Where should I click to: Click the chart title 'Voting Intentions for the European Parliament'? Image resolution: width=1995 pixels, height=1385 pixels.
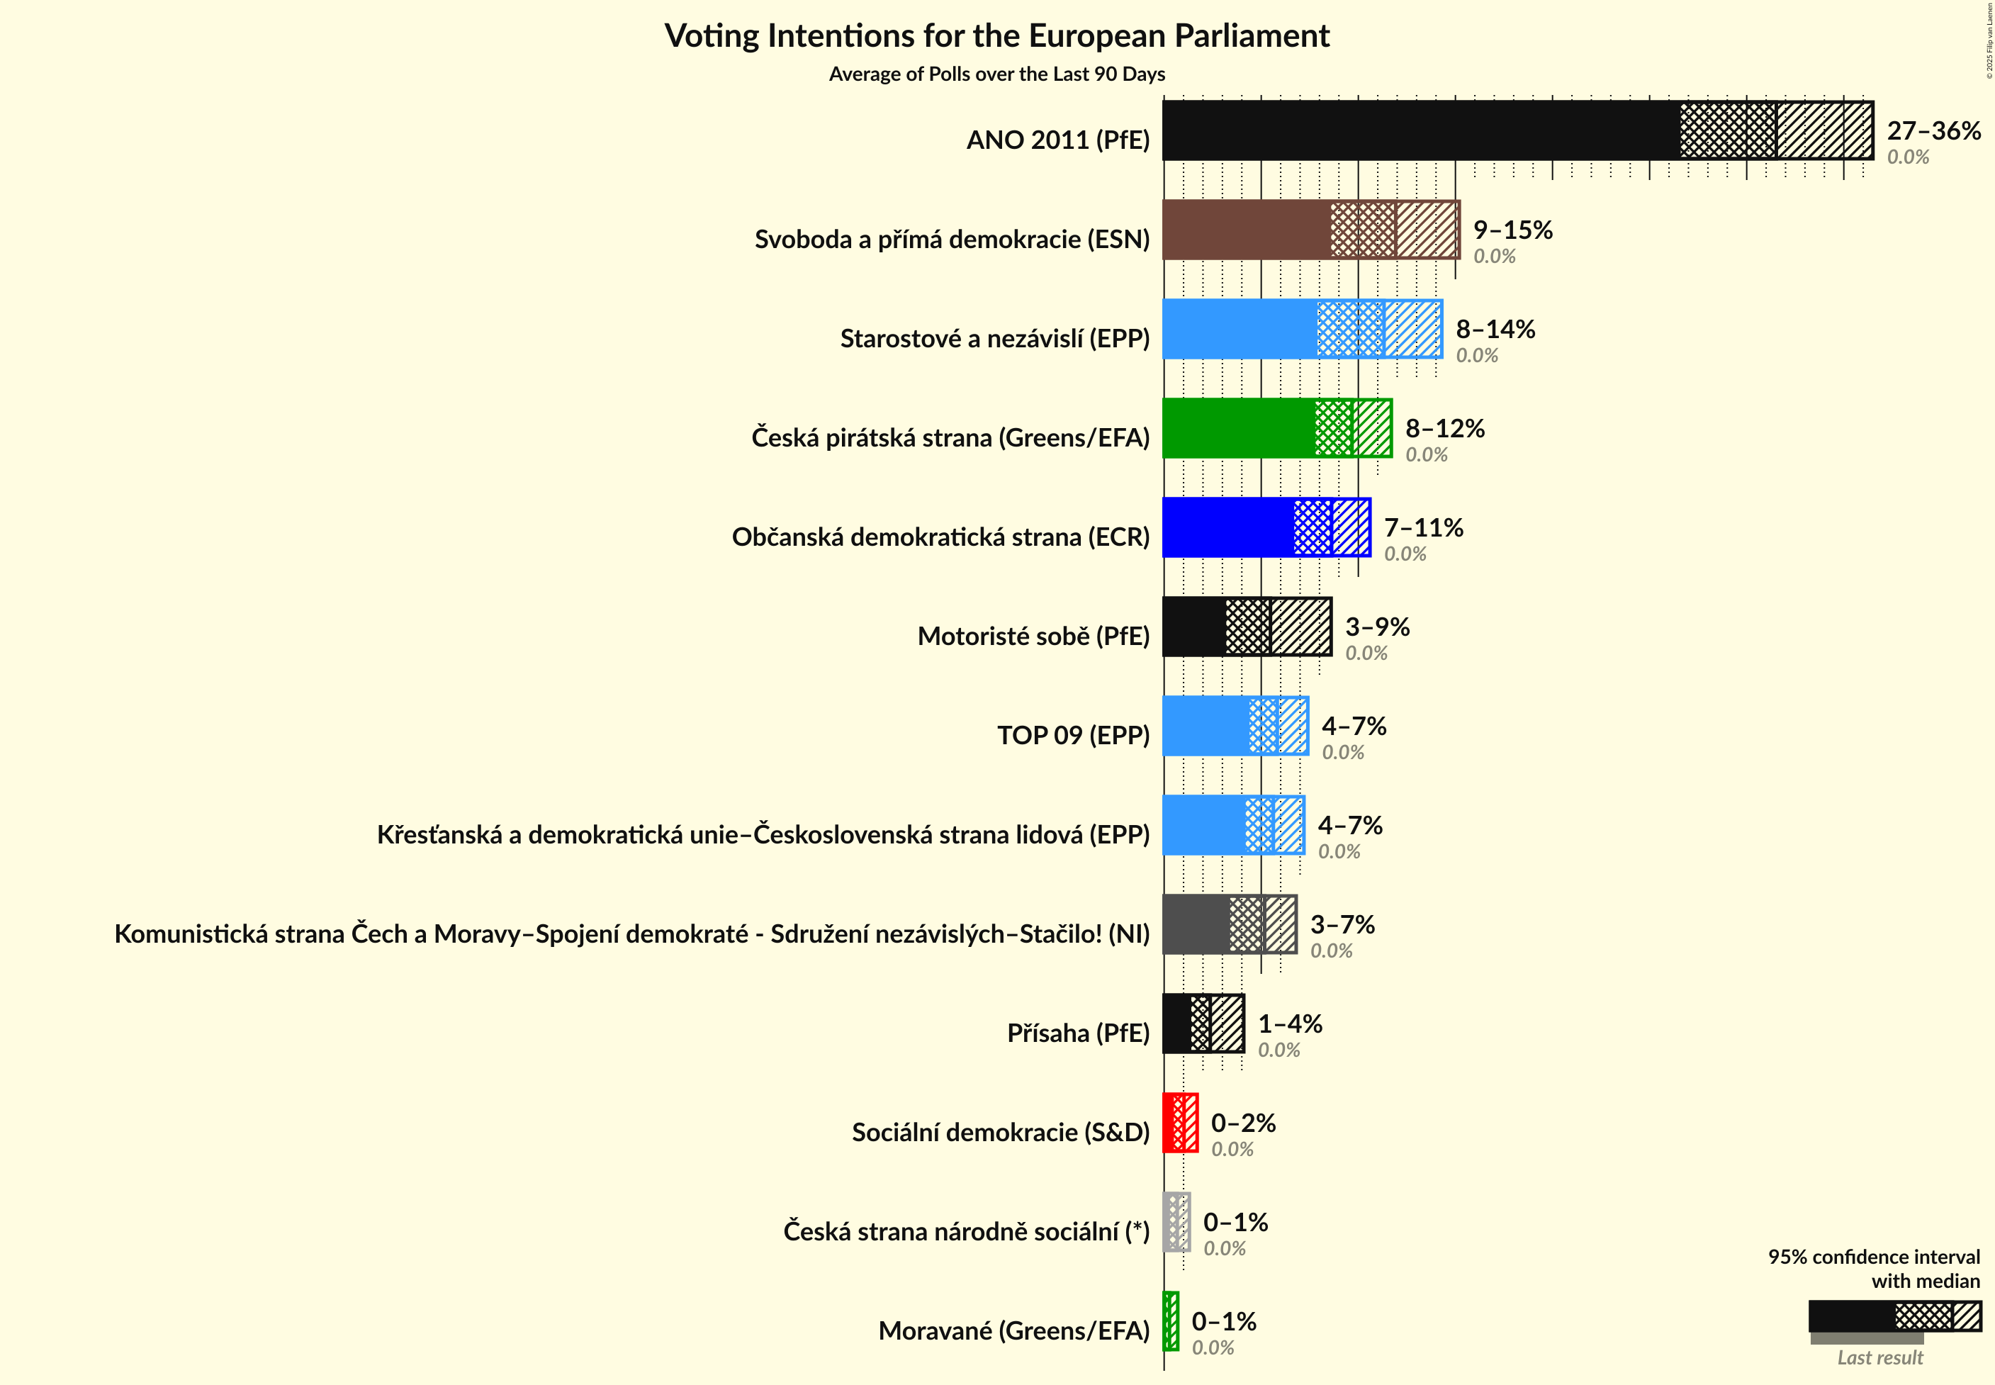click(x=996, y=36)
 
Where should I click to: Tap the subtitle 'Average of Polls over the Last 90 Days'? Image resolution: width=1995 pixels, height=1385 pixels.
click(x=996, y=74)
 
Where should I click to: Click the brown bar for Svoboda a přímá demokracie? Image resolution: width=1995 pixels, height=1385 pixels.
click(x=1246, y=230)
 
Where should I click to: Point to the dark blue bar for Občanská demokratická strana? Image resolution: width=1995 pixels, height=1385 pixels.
click(x=1227, y=527)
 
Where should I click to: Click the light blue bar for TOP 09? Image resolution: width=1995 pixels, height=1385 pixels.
click(x=1206, y=727)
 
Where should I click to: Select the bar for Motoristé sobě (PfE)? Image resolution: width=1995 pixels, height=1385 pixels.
click(x=1194, y=627)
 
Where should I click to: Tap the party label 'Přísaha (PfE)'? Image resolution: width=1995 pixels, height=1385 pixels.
click(x=1078, y=1033)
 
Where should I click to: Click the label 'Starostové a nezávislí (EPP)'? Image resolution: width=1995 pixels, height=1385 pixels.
click(x=994, y=338)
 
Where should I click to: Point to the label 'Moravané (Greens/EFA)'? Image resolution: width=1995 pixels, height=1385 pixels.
click(x=1013, y=1331)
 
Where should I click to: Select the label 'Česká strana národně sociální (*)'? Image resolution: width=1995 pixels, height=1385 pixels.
click(x=966, y=1231)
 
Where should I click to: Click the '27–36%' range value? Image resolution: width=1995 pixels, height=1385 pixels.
click(x=1933, y=131)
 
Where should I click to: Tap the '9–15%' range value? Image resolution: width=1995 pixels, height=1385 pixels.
click(x=1512, y=230)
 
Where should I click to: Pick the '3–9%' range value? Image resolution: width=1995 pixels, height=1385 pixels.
click(x=1377, y=627)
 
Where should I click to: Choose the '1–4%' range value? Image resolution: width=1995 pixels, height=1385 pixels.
click(x=1290, y=1024)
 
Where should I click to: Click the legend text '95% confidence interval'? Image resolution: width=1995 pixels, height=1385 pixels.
click(x=1874, y=1257)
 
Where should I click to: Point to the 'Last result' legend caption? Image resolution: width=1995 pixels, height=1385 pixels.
click(x=1879, y=1358)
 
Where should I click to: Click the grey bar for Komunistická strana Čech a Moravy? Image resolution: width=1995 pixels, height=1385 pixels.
click(x=1196, y=925)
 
